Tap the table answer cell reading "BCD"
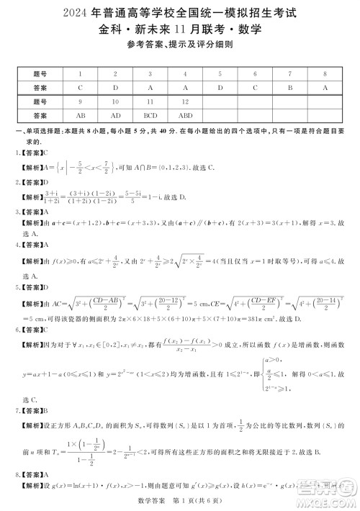pyautogui.click(x=150, y=114)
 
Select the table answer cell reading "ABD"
pyautogui.click(x=185, y=114)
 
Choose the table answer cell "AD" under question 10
pyautogui.click(x=115, y=114)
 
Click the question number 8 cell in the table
pyautogui.click(x=325, y=73)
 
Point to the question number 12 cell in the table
pyautogui.click(x=185, y=101)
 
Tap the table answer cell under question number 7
pyautogui.click(x=290, y=87)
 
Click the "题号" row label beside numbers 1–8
pyautogui.click(x=40, y=73)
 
